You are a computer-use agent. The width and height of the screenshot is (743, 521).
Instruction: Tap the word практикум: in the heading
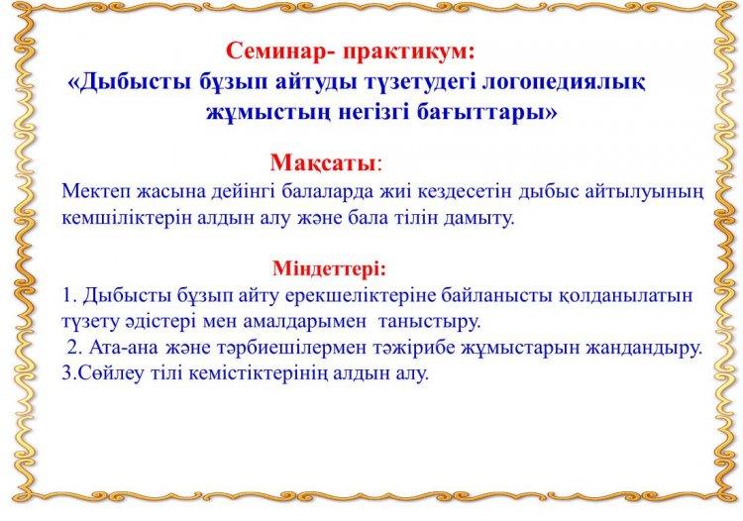(408, 52)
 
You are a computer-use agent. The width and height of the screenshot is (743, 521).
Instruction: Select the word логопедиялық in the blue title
(563, 83)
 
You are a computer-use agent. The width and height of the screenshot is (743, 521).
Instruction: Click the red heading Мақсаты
(323, 162)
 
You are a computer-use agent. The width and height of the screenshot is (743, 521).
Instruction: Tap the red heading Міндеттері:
(330, 268)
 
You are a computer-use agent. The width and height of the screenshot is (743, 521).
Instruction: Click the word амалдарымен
(305, 322)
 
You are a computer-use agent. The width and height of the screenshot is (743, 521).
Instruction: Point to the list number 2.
(73, 348)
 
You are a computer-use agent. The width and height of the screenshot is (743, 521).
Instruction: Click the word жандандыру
(644, 348)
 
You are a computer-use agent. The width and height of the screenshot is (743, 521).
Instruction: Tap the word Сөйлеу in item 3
(103, 373)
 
